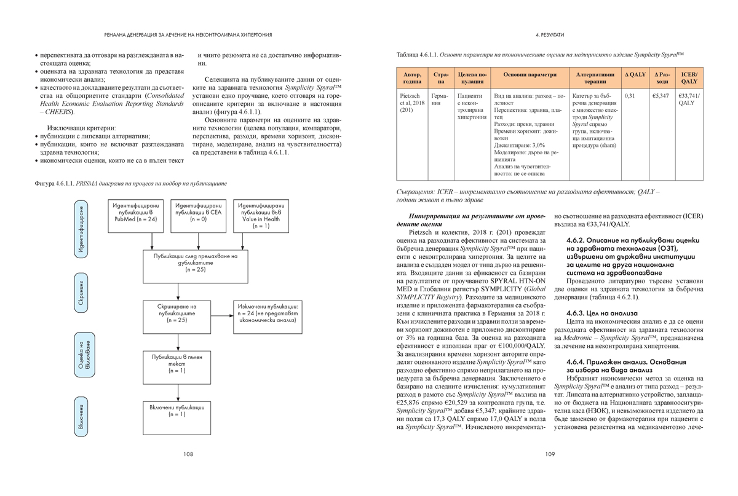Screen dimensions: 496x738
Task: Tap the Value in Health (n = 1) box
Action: (x=260, y=216)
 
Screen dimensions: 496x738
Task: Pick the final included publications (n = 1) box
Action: (x=177, y=410)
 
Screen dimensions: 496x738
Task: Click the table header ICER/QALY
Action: (x=689, y=78)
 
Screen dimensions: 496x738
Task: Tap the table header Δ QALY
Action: (x=635, y=75)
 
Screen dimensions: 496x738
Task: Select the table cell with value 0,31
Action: (x=630, y=96)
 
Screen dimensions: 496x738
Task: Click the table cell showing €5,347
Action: (x=661, y=96)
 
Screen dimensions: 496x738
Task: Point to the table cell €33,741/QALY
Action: (x=689, y=100)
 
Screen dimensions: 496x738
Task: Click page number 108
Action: (x=188, y=454)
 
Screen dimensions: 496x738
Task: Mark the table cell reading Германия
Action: (x=439, y=100)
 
